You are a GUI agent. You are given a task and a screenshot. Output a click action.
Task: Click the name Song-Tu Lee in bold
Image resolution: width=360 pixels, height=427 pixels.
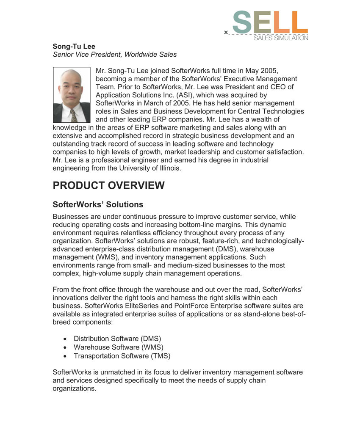pos(74,46)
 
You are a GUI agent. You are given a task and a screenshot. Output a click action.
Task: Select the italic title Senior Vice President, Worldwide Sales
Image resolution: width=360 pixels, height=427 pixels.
pos(114,54)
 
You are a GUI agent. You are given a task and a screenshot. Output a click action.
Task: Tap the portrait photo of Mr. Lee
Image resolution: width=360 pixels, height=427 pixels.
pos(72,95)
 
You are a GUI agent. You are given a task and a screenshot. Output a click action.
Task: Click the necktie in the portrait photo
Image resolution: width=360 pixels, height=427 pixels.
pos(74,115)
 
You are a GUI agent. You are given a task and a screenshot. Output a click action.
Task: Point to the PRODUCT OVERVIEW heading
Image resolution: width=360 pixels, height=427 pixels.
pos(108,185)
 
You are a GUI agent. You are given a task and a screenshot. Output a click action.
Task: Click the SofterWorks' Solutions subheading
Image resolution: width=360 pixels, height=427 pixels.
pos(98,204)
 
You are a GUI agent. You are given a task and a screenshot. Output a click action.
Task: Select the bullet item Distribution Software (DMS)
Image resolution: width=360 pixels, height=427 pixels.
pos(117,339)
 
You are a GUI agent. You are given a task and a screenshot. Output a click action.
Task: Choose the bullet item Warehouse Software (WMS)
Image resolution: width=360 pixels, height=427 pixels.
pos(118,347)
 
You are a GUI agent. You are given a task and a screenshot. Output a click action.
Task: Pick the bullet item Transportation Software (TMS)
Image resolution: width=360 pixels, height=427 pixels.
pos(122,356)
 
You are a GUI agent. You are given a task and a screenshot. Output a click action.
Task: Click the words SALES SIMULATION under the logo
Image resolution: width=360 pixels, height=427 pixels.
pos(281,38)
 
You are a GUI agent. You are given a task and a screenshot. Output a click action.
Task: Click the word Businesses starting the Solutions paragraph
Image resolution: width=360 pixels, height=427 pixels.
pos(71,217)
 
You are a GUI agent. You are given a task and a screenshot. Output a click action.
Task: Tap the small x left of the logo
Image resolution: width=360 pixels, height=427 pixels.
pos(226,32)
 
